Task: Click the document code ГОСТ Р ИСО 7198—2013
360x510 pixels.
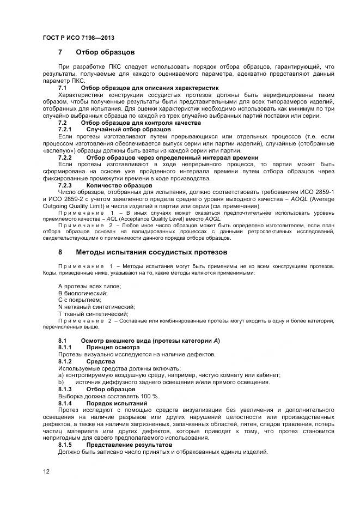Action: click(78, 38)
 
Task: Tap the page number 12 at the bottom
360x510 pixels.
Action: click(46, 471)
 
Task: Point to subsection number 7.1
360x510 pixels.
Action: click(62, 87)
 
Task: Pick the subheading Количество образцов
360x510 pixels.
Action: click(119, 185)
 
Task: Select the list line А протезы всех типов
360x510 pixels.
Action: click(89, 286)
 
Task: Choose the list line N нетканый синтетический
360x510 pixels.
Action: click(96, 307)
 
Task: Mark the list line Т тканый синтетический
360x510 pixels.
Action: click(93, 314)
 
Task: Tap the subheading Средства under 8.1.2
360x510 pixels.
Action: click(101, 361)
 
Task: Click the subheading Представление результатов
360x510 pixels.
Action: click(129, 445)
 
